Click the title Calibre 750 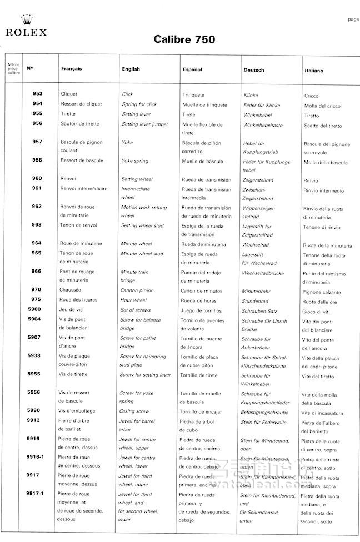tap(180, 40)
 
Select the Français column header tap(71, 69)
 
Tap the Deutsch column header tap(254, 70)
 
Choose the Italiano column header tap(314, 71)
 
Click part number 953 tap(37, 94)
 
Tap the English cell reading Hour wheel tap(134, 300)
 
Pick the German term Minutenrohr tap(256, 290)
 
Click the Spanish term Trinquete tap(193, 95)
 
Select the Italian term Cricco tap(312, 96)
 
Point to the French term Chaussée tap(71, 289)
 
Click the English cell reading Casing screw tap(134, 411)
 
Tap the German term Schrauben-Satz tap(259, 311)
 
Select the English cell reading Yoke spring tap(135, 161)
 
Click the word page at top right tap(353, 19)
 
